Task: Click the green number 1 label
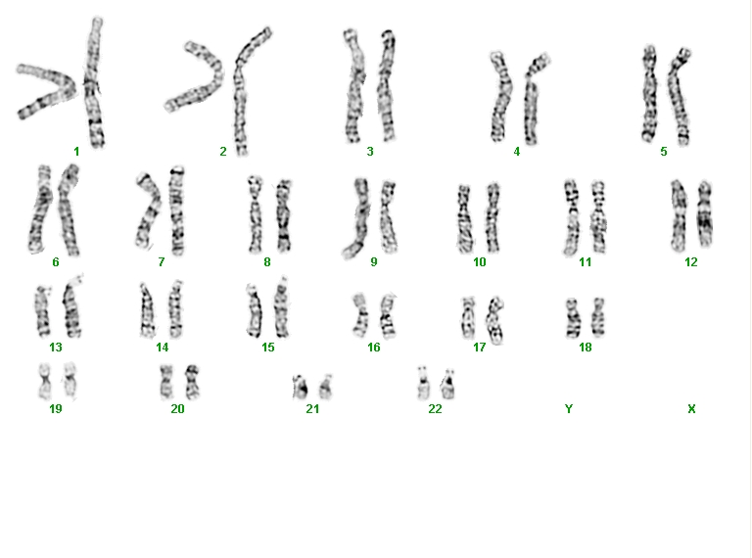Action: tap(76, 152)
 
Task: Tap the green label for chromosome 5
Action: tap(664, 152)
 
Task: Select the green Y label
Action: tap(569, 409)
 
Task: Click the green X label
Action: tap(691, 409)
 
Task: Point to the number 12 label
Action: tap(690, 262)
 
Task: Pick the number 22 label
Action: tap(435, 409)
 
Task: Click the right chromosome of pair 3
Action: tap(387, 86)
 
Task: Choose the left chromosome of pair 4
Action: tap(500, 96)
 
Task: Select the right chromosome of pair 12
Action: tap(705, 213)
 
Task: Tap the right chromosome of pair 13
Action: tap(72, 306)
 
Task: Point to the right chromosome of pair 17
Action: tap(494, 320)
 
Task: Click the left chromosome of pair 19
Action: tap(45, 382)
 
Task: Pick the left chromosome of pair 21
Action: tap(301, 388)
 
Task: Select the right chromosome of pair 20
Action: tap(192, 382)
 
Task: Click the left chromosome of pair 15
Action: tap(255, 310)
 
